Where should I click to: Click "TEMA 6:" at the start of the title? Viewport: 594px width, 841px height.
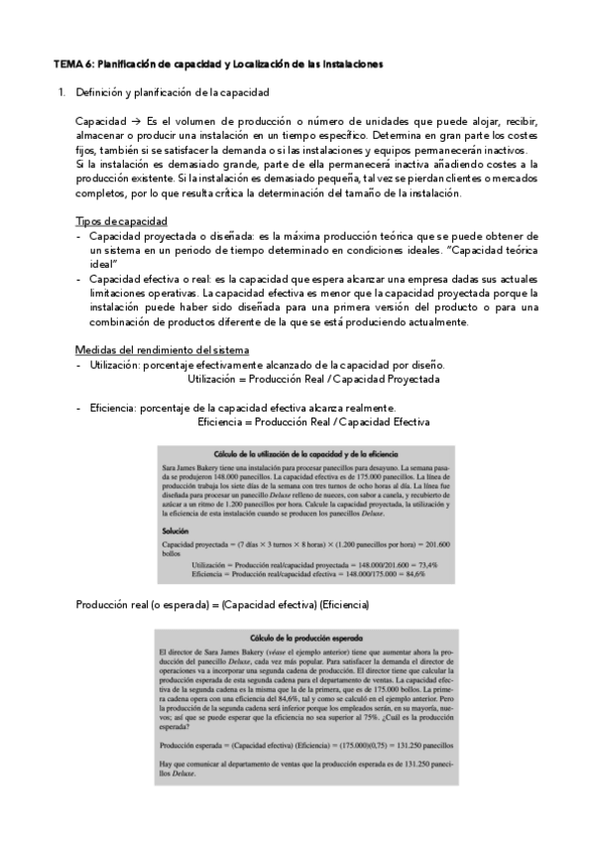point(72,64)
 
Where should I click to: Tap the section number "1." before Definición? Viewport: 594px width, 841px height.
point(62,92)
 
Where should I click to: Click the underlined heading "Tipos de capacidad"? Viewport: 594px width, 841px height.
point(121,220)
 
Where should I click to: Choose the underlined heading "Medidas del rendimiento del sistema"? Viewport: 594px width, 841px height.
point(163,350)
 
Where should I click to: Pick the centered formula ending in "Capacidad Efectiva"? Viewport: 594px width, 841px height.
point(313,421)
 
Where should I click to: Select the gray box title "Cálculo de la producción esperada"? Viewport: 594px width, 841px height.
point(307,637)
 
